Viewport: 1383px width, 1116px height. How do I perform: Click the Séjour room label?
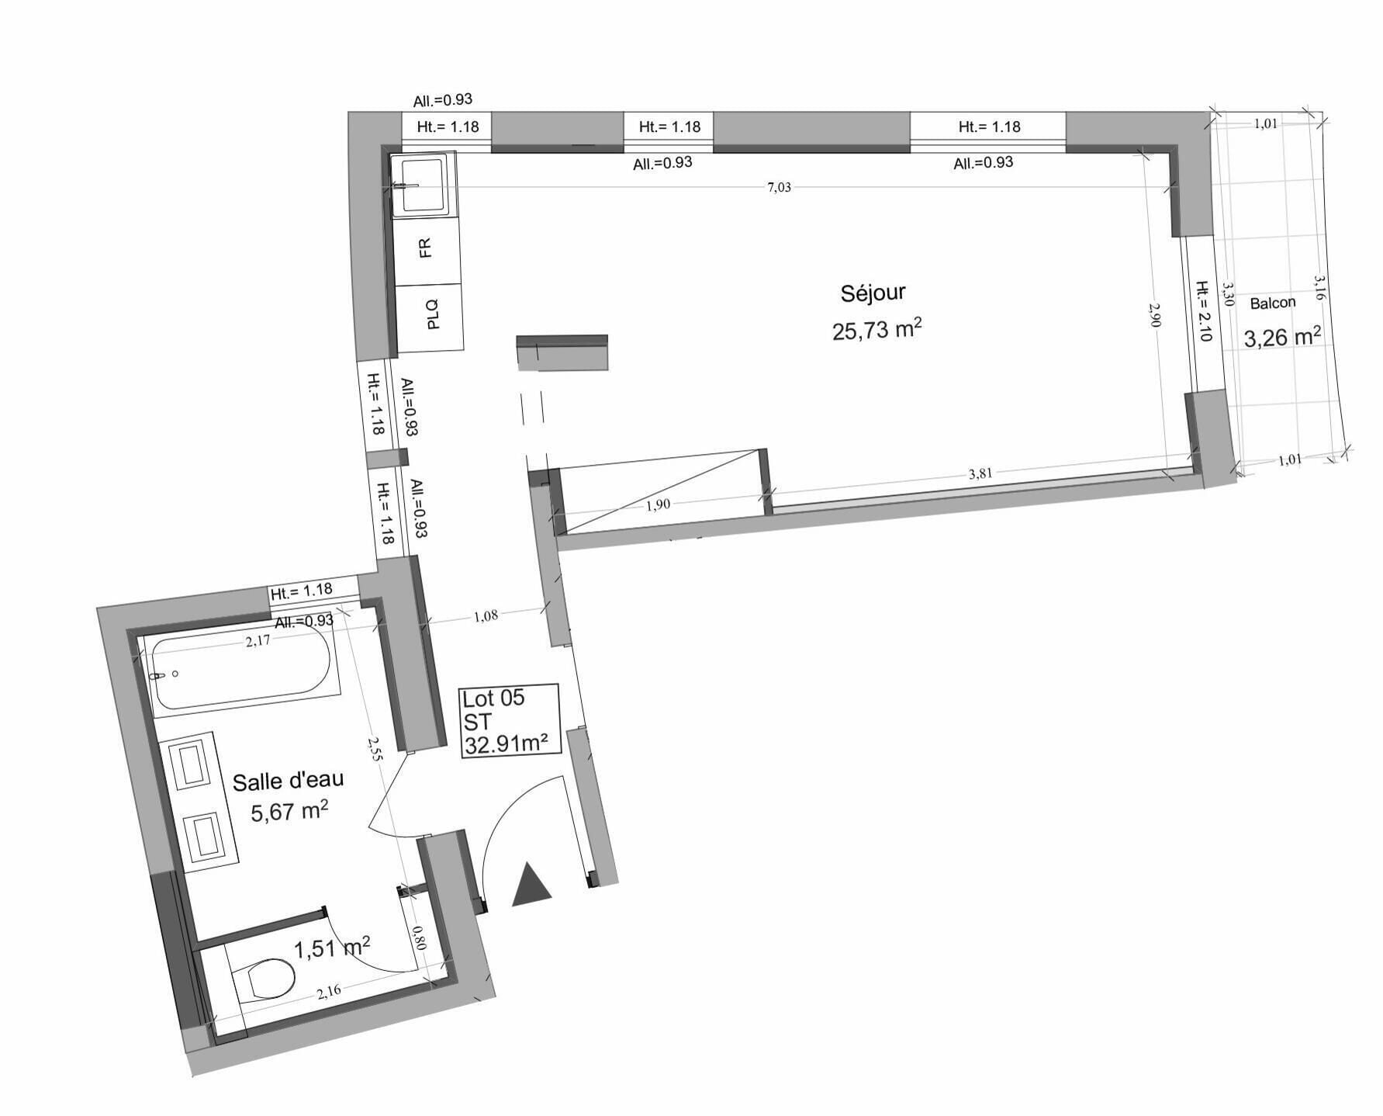873,293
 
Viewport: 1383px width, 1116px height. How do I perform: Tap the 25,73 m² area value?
876,330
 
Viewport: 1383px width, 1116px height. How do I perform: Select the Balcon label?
1272,303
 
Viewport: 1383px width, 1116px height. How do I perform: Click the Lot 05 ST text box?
510,721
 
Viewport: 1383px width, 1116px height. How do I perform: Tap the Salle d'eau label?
288,781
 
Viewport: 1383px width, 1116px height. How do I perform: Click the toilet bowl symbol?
264,979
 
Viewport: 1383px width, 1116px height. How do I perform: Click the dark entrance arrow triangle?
531,886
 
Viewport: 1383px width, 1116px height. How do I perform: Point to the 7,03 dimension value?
779,187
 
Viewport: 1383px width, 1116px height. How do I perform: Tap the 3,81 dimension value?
980,473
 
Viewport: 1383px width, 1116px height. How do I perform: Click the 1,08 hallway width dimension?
486,616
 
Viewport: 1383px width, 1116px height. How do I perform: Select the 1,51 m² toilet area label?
332,947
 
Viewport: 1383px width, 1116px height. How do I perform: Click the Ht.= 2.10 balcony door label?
1203,311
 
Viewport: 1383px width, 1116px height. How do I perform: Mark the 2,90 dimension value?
1154,315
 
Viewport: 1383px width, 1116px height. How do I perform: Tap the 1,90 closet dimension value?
658,505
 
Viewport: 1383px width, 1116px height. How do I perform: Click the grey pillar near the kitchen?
562,352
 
